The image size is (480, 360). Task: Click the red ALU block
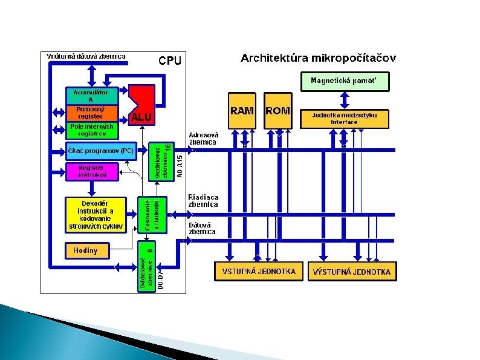(141, 106)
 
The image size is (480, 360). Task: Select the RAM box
(242, 110)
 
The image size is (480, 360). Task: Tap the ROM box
(278, 110)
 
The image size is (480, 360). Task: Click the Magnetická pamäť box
(345, 80)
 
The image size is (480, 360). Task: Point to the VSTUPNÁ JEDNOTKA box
(259, 272)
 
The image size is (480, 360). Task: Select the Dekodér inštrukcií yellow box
(96, 215)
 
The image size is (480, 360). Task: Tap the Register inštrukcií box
(91, 171)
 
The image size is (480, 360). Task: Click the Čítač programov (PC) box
(100, 151)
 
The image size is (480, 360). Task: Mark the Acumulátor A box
(91, 96)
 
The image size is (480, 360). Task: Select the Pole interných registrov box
(91, 129)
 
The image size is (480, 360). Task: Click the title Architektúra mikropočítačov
(318, 59)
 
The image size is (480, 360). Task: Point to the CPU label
(170, 61)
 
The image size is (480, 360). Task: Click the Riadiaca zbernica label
(203, 201)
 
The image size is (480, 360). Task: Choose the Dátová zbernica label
(199, 227)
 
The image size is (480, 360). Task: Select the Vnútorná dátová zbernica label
(86, 56)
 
